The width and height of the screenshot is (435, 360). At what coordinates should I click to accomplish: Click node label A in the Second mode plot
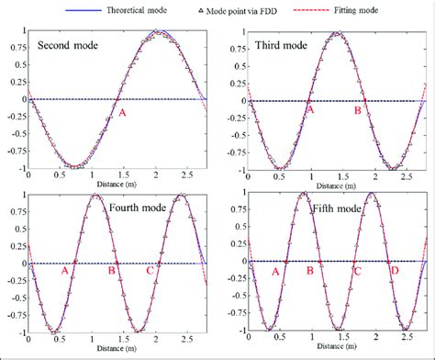(x=120, y=112)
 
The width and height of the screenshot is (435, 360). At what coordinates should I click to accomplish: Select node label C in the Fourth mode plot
(x=151, y=270)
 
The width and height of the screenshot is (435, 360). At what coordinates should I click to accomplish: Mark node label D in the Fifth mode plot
(x=395, y=271)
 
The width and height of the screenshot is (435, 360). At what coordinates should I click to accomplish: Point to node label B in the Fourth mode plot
(x=112, y=270)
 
